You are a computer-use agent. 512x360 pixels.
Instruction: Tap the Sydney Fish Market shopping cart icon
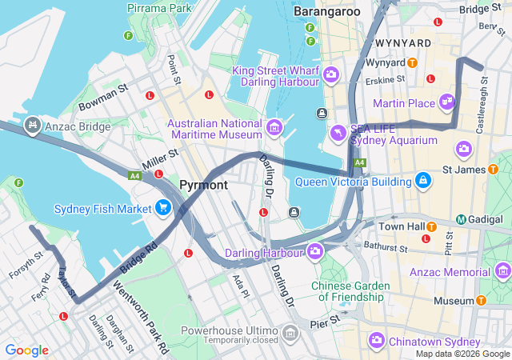point(163,209)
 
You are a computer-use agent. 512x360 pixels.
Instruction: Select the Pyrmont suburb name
point(203,185)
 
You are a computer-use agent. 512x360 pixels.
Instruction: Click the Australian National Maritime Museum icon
point(274,127)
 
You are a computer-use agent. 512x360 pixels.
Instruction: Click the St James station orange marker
point(494,170)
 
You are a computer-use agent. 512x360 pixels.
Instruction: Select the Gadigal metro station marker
point(462,219)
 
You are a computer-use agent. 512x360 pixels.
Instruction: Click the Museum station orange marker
point(481,301)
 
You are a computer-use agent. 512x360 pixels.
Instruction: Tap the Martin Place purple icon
point(446,102)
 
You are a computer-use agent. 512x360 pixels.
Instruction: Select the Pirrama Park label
point(160,8)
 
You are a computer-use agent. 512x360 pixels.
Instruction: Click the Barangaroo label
point(326,11)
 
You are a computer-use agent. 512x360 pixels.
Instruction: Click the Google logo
point(26,350)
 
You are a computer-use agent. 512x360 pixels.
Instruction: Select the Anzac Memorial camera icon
point(502,272)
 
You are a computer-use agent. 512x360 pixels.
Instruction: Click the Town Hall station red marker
point(426,238)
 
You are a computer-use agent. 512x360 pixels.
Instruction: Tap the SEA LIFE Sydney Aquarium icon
point(339,133)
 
